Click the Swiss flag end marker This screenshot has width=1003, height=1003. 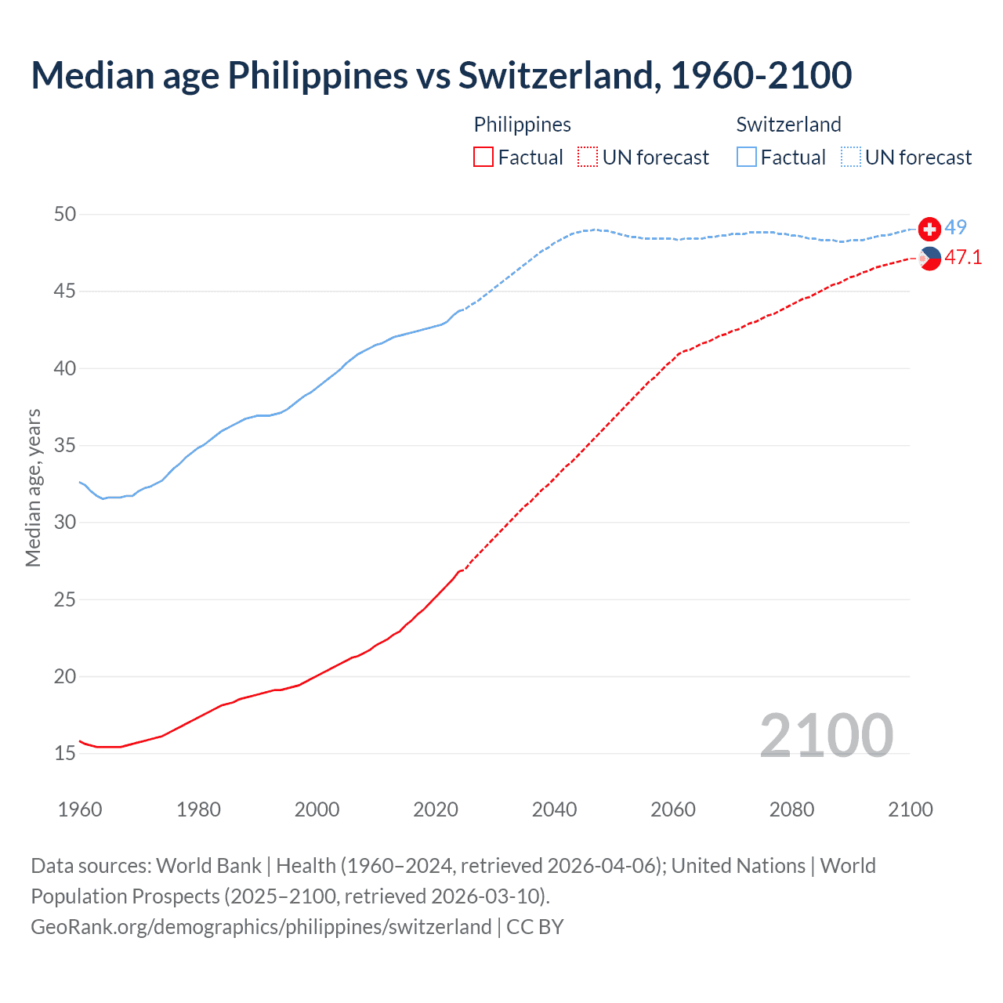coord(929,229)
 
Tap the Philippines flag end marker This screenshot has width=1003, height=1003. coord(929,258)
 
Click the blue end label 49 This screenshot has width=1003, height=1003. coord(955,228)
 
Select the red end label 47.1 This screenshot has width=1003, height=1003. coord(963,257)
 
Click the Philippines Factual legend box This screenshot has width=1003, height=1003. coord(483,158)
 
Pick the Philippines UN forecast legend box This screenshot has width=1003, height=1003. coord(588,158)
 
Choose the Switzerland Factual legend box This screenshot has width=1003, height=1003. coord(747,158)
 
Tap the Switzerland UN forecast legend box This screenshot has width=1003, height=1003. coord(850,158)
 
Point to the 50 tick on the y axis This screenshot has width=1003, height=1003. coord(66,214)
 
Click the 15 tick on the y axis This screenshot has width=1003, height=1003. coord(66,753)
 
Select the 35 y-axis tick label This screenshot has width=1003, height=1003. coord(66,446)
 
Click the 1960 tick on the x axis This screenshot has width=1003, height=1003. coord(80,809)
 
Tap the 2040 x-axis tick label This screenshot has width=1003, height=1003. coord(554,809)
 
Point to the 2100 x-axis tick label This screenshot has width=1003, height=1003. coord(910,809)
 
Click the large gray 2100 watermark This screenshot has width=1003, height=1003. coord(826,735)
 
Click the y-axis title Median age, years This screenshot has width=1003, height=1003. coord(33,487)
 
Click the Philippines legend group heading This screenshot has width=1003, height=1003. coord(522,125)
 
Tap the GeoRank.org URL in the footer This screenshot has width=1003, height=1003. coord(261,927)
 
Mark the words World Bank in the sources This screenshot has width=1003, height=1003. coord(208,866)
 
